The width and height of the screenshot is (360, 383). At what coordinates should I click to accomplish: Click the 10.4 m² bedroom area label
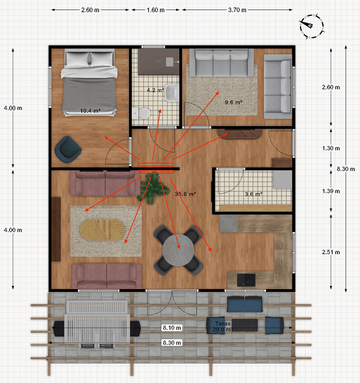point(90,111)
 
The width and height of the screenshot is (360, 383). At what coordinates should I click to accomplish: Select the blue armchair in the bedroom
point(68,149)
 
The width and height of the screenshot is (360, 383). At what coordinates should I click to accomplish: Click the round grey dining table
point(178,250)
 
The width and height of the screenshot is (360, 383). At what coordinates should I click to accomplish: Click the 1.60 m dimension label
point(156,10)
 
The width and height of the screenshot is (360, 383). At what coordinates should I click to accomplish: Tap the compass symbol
point(312,26)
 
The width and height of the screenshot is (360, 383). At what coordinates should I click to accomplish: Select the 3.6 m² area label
point(254,194)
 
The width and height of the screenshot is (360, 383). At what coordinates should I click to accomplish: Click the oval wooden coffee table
point(102,230)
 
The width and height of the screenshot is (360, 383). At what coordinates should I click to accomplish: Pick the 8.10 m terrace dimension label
point(172,328)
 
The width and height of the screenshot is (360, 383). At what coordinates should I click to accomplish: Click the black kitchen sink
point(246,280)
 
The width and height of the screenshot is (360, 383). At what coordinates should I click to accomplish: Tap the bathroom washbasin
point(172,93)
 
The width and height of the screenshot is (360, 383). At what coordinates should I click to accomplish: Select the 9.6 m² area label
point(234,102)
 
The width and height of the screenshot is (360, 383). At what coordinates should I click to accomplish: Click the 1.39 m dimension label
point(331,191)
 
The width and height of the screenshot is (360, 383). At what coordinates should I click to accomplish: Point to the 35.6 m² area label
point(185,194)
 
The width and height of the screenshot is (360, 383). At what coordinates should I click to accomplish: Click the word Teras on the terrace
point(223,324)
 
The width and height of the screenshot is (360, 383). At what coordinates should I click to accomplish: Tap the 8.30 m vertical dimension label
point(346,169)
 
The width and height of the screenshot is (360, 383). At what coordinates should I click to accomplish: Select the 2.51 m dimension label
point(331,252)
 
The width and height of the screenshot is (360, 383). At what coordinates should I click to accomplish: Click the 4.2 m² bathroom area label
point(156,90)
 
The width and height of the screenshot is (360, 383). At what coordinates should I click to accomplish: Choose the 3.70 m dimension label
point(237,10)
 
